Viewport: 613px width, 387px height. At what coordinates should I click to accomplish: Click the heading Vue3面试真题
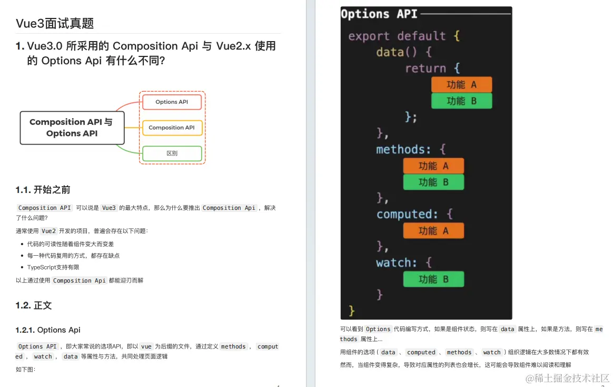(55, 23)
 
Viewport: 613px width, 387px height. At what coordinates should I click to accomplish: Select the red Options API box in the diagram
(172, 102)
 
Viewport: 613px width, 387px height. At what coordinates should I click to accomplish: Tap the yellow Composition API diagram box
(172, 128)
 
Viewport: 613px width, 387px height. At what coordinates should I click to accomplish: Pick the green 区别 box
(172, 153)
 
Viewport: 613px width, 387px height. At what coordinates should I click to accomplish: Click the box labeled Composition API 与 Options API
(72, 128)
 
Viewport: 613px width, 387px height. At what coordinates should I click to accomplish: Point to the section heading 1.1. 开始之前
(43, 190)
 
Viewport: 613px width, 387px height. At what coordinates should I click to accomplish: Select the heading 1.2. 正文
(34, 306)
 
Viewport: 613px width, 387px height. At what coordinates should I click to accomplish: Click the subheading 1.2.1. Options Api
(48, 330)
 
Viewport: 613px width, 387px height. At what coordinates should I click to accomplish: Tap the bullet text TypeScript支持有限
(53, 267)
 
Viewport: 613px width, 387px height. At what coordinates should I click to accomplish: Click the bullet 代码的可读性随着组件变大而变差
(71, 244)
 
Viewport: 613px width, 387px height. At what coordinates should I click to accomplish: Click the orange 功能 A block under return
(461, 84)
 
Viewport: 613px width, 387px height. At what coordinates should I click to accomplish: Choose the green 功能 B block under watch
(433, 279)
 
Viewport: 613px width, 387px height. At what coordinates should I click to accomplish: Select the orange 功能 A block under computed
(433, 231)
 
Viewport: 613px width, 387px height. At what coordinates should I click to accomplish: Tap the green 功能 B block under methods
(433, 182)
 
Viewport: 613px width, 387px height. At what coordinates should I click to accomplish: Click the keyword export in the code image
(369, 36)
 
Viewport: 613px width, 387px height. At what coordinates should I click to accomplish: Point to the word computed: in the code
(407, 215)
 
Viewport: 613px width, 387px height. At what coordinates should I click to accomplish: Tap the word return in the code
(425, 69)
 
